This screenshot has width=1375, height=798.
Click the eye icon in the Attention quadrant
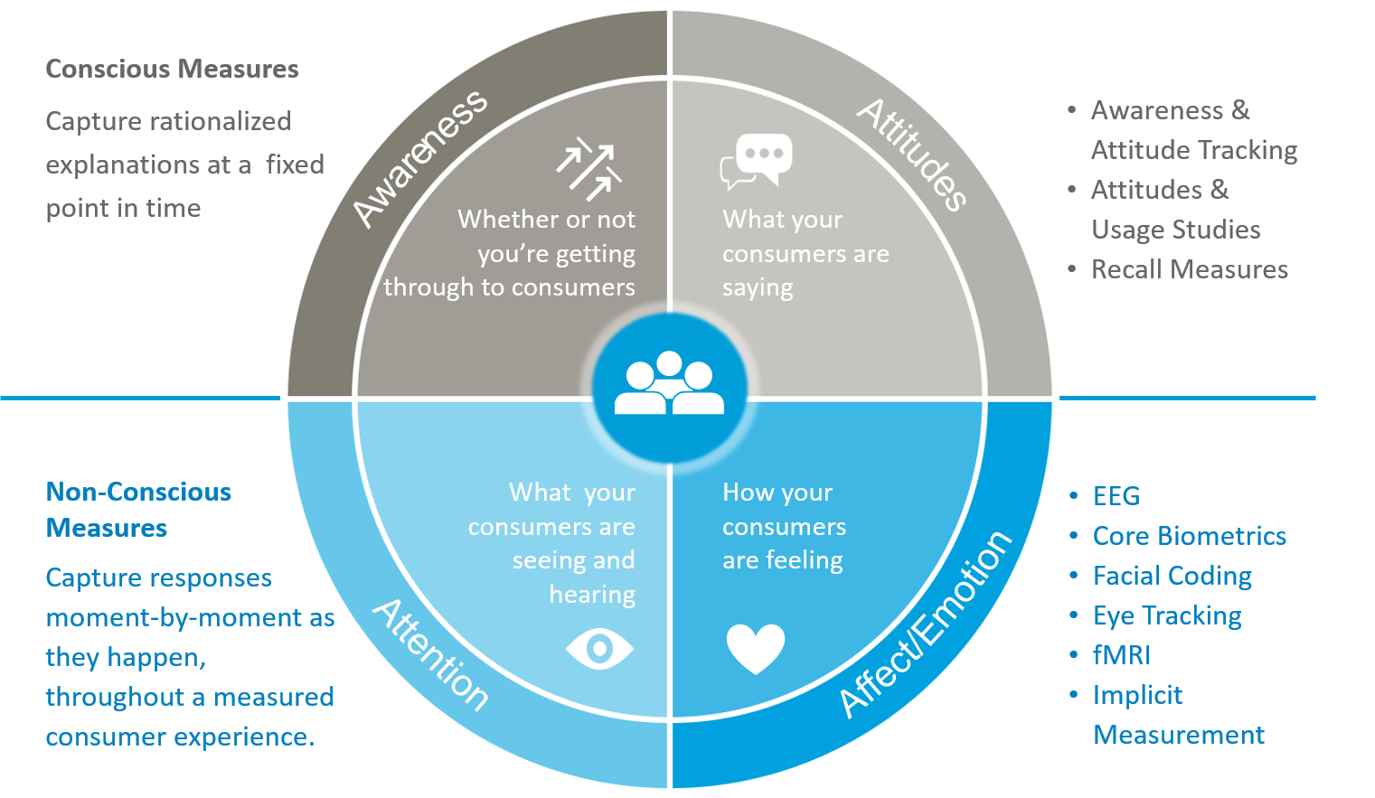click(599, 648)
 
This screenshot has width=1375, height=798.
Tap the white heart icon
click(756, 648)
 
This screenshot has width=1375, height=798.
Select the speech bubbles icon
click(758, 161)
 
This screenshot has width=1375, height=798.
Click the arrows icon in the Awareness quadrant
click(589, 169)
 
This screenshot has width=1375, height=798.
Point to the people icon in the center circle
click(669, 384)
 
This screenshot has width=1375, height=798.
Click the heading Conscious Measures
click(172, 69)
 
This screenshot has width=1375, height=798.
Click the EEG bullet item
click(1116, 496)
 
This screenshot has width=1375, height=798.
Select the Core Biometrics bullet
click(1189, 536)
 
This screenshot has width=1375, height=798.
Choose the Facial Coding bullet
click(1172, 576)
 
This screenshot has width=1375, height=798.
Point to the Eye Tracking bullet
click(1167, 616)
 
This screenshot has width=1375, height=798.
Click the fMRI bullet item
click(1121, 655)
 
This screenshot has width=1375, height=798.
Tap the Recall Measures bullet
click(1189, 269)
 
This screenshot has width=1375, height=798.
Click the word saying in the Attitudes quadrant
click(758, 289)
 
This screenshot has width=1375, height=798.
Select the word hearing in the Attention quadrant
click(592, 595)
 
